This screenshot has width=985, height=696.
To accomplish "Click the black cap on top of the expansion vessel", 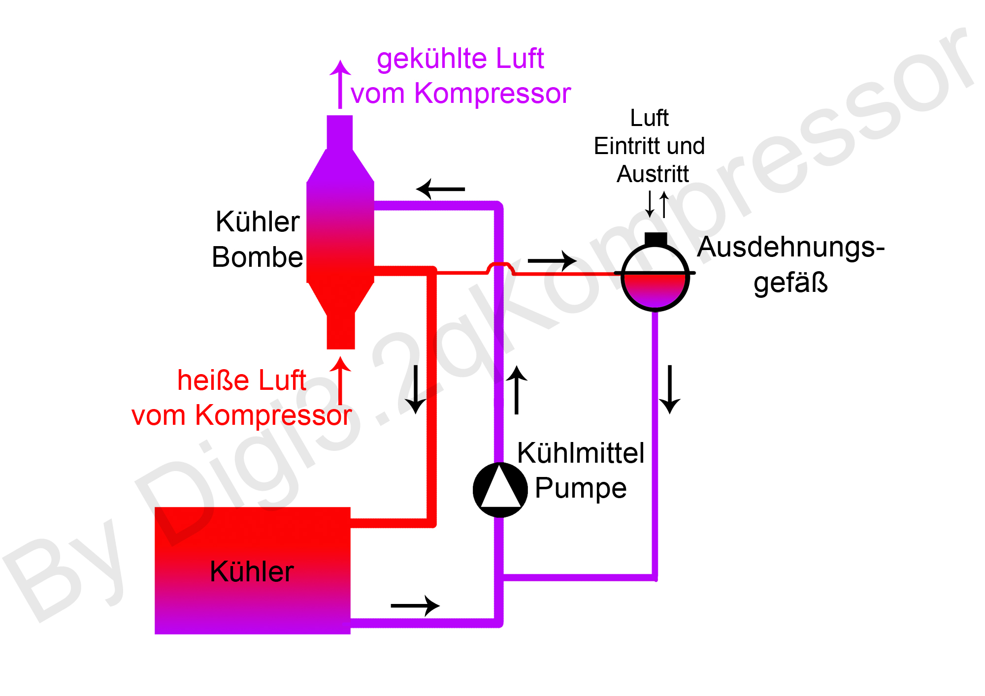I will coord(656,239).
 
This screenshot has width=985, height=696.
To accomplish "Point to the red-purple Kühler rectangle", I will coord(252,571).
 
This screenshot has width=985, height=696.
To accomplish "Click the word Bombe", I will coord(257,257).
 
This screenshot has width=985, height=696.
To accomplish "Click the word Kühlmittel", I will coord(581,453).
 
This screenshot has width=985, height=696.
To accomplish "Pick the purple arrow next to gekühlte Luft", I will coord(340,84).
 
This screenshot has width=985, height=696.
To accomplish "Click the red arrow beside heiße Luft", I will coord(340,380).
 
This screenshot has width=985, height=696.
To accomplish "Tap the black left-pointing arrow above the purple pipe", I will coord(440,189).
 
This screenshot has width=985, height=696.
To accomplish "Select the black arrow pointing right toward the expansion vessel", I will coord(552,260).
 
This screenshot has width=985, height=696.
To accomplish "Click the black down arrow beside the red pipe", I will coord(416,389).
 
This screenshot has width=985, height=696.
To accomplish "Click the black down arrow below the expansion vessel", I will coord(669,389).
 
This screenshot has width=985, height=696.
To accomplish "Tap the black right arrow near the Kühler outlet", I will coord(415,605).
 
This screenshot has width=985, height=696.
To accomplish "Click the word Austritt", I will coord(653,174).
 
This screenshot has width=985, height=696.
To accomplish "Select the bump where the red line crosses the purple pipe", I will coord(500,267).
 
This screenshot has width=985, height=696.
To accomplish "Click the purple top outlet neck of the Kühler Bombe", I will coord(340,132).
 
